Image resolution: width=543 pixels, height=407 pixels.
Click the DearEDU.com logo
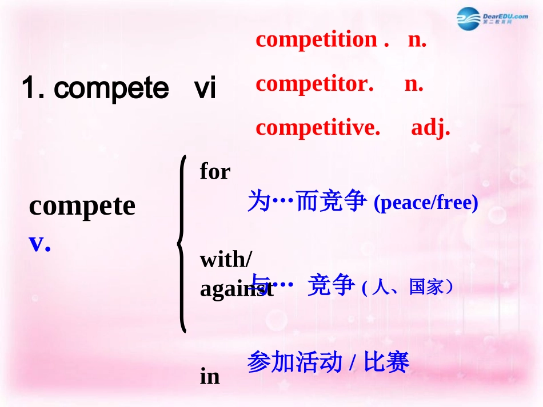(x=492, y=19)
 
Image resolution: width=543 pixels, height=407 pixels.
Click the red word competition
(x=316, y=39)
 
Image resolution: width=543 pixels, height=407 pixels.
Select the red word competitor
(x=314, y=84)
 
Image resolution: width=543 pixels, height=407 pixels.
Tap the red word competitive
(x=318, y=128)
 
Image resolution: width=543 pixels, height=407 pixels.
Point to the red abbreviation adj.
(x=430, y=128)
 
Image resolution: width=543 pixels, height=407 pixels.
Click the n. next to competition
(x=417, y=39)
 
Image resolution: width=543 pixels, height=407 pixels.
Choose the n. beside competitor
(x=414, y=84)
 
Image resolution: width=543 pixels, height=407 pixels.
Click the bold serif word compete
(x=82, y=206)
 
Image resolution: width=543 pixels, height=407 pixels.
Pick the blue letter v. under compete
(x=39, y=243)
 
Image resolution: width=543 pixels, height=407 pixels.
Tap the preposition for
(x=215, y=171)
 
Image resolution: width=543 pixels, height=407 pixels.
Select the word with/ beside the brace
(x=225, y=260)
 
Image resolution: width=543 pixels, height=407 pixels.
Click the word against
(x=236, y=289)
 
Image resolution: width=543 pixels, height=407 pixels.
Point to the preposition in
(x=210, y=376)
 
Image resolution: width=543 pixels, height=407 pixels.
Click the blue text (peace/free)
(x=425, y=203)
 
